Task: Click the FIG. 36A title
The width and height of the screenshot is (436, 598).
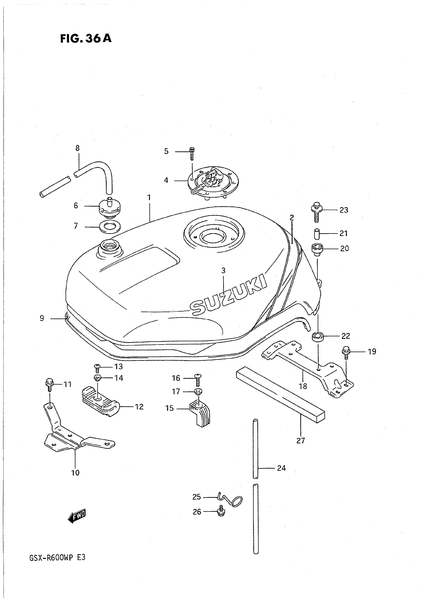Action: (x=86, y=38)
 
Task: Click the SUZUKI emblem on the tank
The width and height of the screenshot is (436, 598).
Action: (x=229, y=294)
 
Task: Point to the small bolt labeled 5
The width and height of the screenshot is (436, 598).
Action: (x=192, y=154)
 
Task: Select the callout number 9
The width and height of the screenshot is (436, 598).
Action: (x=42, y=318)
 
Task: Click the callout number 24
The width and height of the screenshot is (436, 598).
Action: (x=281, y=468)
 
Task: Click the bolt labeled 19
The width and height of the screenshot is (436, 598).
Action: (x=346, y=353)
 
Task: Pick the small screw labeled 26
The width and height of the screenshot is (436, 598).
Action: (x=221, y=512)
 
